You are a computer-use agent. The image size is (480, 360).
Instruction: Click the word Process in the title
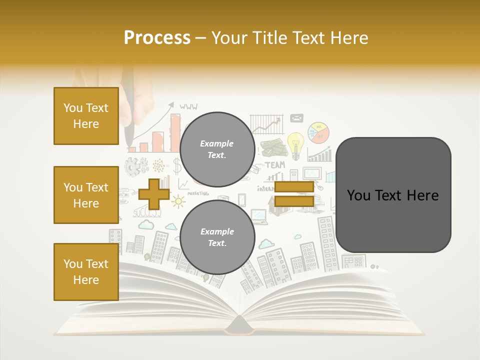point(157,38)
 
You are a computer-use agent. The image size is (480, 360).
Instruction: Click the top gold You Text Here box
point(86,116)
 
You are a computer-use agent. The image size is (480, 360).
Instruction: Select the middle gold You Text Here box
point(86,195)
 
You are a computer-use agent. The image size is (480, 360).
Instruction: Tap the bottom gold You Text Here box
point(86,272)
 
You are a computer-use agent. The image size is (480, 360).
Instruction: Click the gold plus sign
point(153,194)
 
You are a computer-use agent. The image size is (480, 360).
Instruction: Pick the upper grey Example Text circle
point(217,149)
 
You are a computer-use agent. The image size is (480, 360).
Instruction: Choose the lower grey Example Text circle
point(217,237)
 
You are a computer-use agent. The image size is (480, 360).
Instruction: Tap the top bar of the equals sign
point(294,187)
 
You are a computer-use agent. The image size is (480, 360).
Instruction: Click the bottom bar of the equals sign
point(294,201)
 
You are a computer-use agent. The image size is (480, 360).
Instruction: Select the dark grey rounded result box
point(393,195)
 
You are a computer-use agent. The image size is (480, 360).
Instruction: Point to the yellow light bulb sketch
point(295,144)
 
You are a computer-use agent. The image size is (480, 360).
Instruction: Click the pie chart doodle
point(318,133)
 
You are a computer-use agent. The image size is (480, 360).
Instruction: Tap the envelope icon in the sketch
point(296,118)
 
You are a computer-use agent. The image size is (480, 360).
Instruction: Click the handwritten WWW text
point(188,106)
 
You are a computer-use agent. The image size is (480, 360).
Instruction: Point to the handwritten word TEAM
point(274,164)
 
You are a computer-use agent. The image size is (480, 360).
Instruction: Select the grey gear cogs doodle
point(136,166)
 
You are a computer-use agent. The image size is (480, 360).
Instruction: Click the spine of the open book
point(239,327)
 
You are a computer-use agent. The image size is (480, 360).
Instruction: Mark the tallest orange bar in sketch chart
point(175,132)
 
